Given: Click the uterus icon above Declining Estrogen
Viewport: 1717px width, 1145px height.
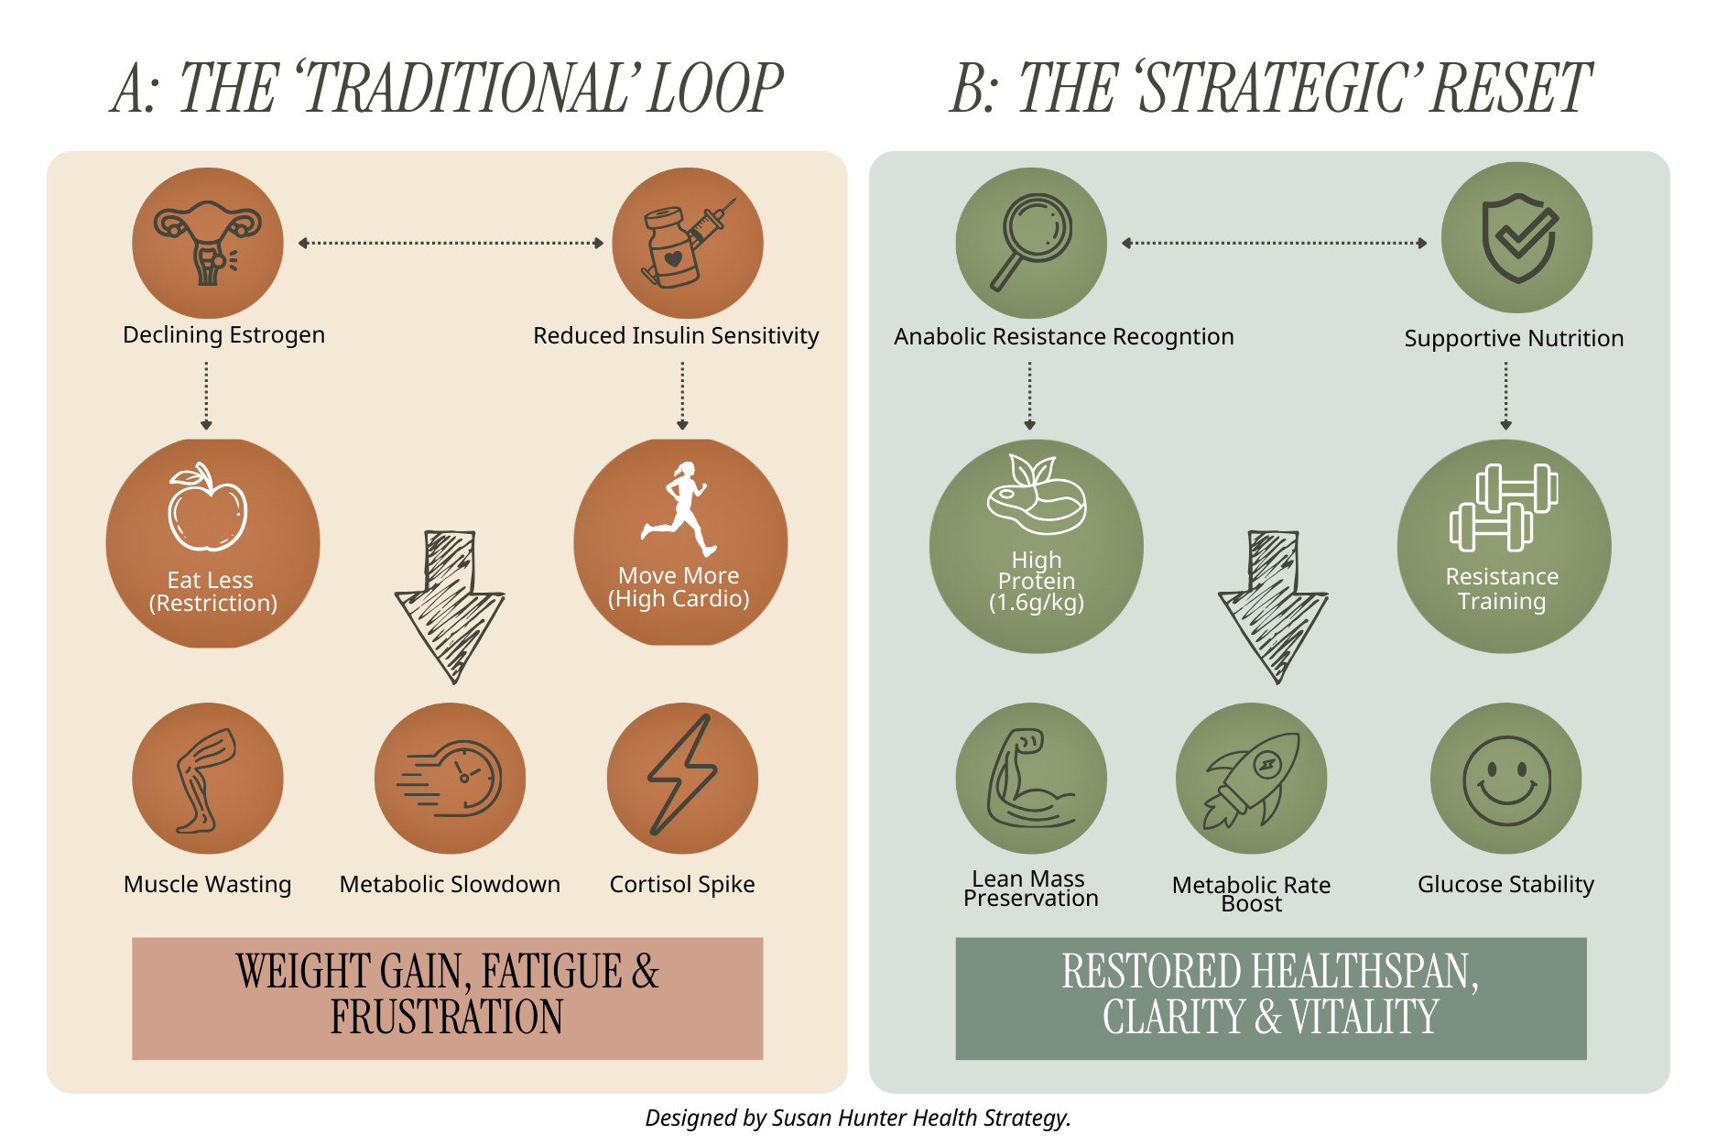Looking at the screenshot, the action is [208, 244].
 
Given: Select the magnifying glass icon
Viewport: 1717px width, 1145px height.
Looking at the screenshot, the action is [1032, 242].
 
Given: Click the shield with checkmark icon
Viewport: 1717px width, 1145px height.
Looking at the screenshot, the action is [1517, 238].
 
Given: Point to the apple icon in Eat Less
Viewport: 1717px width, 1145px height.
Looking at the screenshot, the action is [208, 508].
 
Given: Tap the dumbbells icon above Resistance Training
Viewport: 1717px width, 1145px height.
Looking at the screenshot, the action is [1504, 508].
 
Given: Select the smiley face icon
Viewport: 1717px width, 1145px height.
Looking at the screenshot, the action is [1506, 780].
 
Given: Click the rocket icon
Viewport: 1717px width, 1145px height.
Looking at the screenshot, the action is [1251, 780].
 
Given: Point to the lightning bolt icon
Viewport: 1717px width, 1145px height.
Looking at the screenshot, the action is [683, 777].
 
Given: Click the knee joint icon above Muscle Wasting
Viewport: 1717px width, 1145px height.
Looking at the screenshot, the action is [206, 780].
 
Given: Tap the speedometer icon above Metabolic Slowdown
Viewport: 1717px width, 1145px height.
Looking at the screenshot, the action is [451, 780].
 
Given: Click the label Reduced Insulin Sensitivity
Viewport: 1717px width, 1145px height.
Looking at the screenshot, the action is [676, 336].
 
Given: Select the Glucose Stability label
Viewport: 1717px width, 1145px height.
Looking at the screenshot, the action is [1505, 885].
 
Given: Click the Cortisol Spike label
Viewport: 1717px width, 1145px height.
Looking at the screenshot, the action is [682, 885].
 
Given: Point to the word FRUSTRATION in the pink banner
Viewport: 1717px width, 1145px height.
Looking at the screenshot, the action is [447, 1019].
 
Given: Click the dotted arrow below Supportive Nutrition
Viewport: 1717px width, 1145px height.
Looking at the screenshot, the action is [1505, 396].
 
